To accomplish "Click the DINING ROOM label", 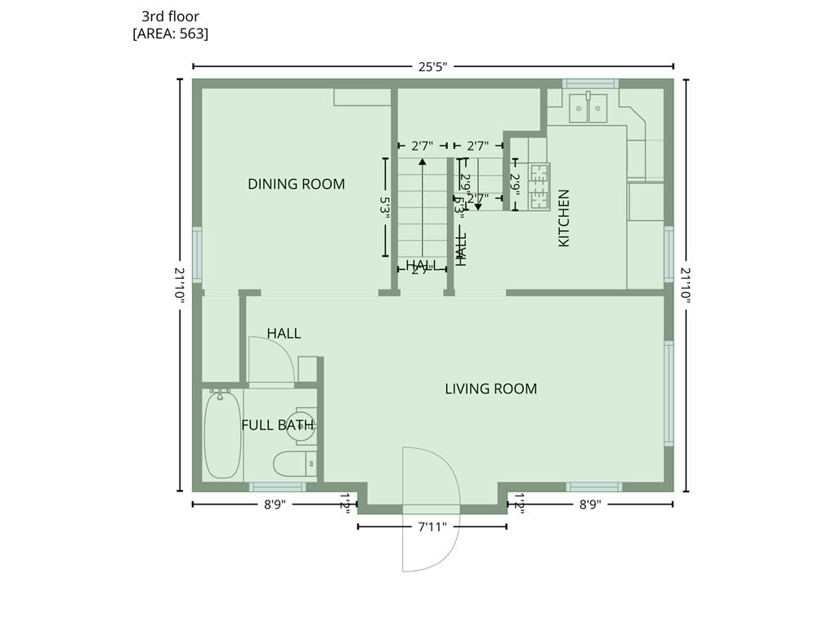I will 296,184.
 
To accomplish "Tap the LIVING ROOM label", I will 490,388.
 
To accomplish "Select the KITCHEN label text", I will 563,218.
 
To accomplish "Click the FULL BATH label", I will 277,424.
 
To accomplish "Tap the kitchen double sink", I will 588,107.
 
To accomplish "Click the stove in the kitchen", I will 539,187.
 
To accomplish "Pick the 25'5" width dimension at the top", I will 432,67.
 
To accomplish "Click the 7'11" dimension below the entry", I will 432,527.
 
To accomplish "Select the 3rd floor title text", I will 170,16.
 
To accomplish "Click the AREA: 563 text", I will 170,34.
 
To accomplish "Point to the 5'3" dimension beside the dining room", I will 384,205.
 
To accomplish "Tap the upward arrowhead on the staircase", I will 422,162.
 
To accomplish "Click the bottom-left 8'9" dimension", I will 274,505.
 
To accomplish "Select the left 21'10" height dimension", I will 180,285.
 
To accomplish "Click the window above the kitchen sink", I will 589,83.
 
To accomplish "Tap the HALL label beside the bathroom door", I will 284,333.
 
